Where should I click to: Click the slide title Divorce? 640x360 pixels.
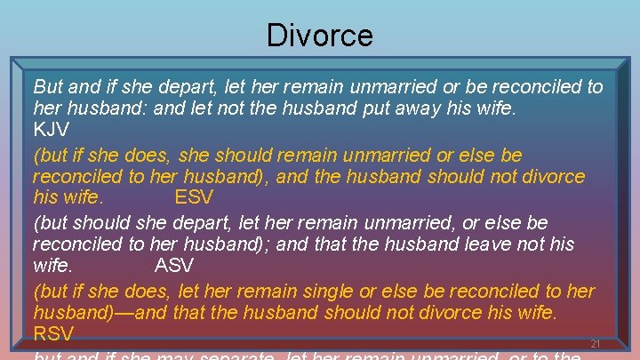(320, 36)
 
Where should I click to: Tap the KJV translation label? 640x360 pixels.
(51, 130)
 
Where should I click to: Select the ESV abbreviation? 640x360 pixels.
(194, 196)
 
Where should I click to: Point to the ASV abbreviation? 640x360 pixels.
(174, 265)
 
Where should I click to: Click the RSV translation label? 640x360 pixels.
(52, 333)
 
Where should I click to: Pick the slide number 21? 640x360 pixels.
(596, 344)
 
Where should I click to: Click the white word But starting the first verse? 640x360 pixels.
(49, 87)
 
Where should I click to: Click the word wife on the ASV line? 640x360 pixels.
(52, 265)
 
